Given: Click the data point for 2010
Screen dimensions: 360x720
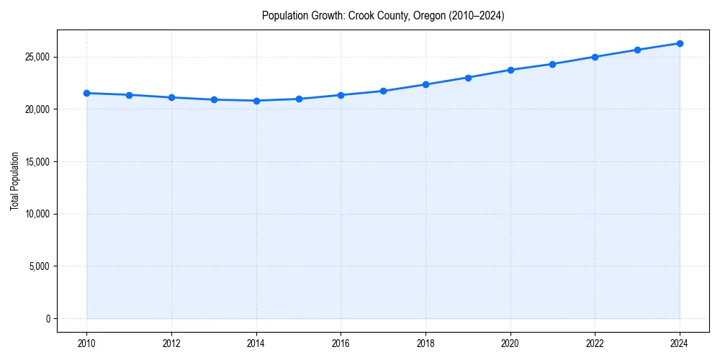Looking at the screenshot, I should (86, 93).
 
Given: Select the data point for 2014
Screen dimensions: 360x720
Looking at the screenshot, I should (256, 101).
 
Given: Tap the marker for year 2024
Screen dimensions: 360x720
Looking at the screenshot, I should (680, 43).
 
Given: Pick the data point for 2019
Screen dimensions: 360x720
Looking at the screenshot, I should (468, 78).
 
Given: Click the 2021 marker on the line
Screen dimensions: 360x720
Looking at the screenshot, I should (552, 64).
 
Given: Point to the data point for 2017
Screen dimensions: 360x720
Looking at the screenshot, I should (383, 91).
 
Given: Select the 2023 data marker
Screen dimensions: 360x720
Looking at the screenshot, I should (637, 50).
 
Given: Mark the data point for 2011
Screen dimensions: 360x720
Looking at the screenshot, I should (129, 95).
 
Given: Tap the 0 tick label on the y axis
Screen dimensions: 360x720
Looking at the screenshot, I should (48, 318).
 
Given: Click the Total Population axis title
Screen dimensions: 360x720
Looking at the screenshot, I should (14, 181).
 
